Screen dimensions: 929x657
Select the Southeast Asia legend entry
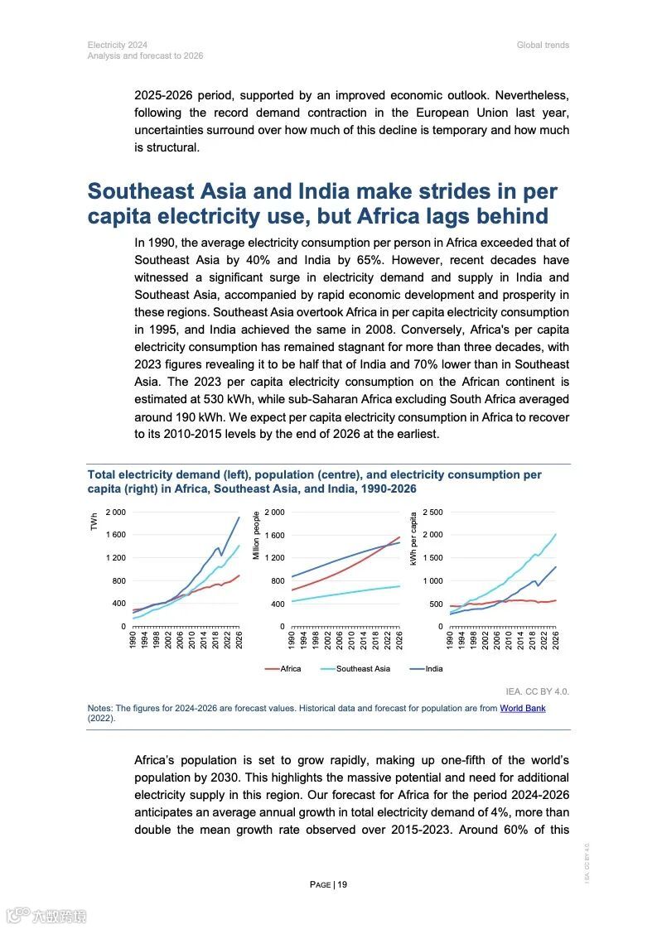coord(363,668)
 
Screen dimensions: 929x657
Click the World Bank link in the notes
coord(522,708)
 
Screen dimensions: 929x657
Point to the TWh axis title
coord(94,522)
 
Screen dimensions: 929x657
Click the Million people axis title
coord(256,535)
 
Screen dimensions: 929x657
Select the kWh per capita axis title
coord(413,538)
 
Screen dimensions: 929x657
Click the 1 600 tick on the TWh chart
coord(114,535)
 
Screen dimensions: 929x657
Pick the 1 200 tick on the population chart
coord(274,558)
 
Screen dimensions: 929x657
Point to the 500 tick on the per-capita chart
coord(437,604)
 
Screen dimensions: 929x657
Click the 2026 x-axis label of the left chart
coord(239,639)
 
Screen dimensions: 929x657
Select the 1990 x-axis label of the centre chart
coord(292,639)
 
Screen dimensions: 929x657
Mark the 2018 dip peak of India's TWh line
coord(217,547)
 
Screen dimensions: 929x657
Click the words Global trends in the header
coord(543,45)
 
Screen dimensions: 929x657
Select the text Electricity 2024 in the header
coord(118,45)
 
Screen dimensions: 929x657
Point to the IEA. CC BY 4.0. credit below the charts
coord(537,691)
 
